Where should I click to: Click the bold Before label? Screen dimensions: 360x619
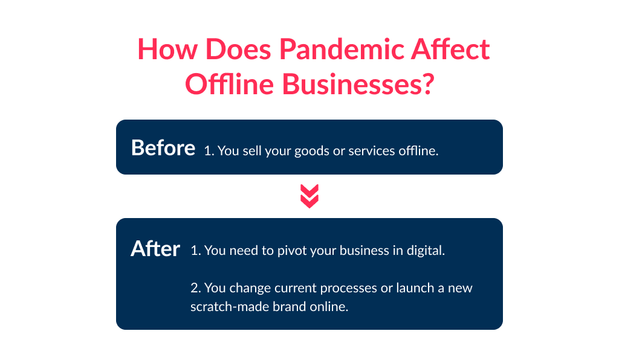click(x=163, y=148)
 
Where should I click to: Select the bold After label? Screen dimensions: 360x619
click(x=155, y=249)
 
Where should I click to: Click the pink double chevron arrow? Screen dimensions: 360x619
click(x=309, y=196)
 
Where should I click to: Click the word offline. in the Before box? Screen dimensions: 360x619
click(x=418, y=150)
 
